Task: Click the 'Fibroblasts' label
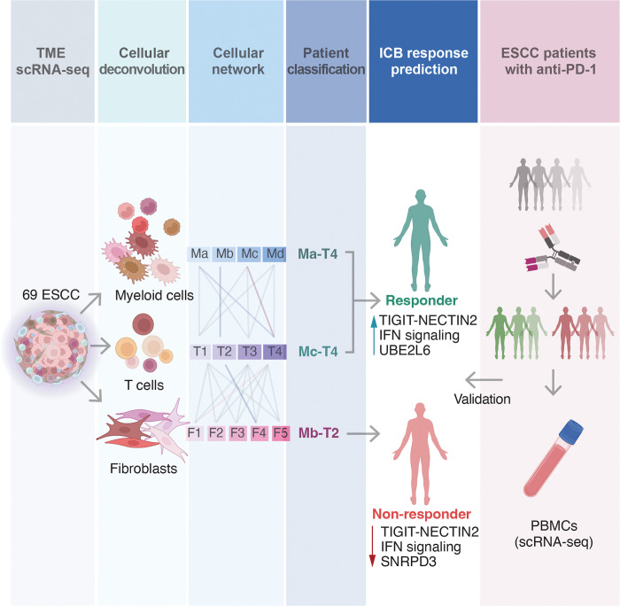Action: (146, 469)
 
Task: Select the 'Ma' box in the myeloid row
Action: (200, 255)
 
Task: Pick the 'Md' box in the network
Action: (275, 255)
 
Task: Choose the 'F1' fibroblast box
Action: (197, 434)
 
